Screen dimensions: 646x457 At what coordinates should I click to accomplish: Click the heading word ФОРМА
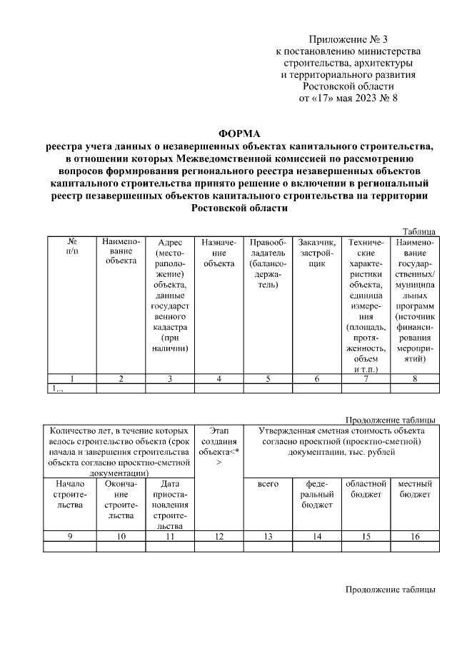(239, 133)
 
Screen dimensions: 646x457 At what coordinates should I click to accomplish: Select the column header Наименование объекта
(121, 251)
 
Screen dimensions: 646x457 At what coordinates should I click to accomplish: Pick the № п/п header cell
(71, 246)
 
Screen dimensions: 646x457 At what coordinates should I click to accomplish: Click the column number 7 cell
(366, 379)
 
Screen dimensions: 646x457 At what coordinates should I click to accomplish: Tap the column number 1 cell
(71, 379)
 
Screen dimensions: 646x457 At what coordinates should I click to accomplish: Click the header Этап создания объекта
(219, 446)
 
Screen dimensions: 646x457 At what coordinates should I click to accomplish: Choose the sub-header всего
(268, 483)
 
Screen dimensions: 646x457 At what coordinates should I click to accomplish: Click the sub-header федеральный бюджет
(317, 494)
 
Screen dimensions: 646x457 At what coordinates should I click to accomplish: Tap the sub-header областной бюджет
(366, 488)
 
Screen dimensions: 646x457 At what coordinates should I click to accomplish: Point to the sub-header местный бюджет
(414, 488)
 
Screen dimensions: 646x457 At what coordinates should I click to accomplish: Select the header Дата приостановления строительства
(170, 504)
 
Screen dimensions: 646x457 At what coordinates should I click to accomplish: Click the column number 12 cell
(219, 536)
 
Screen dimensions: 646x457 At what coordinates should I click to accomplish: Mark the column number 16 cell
(414, 536)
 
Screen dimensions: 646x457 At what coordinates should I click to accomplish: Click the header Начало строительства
(71, 494)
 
